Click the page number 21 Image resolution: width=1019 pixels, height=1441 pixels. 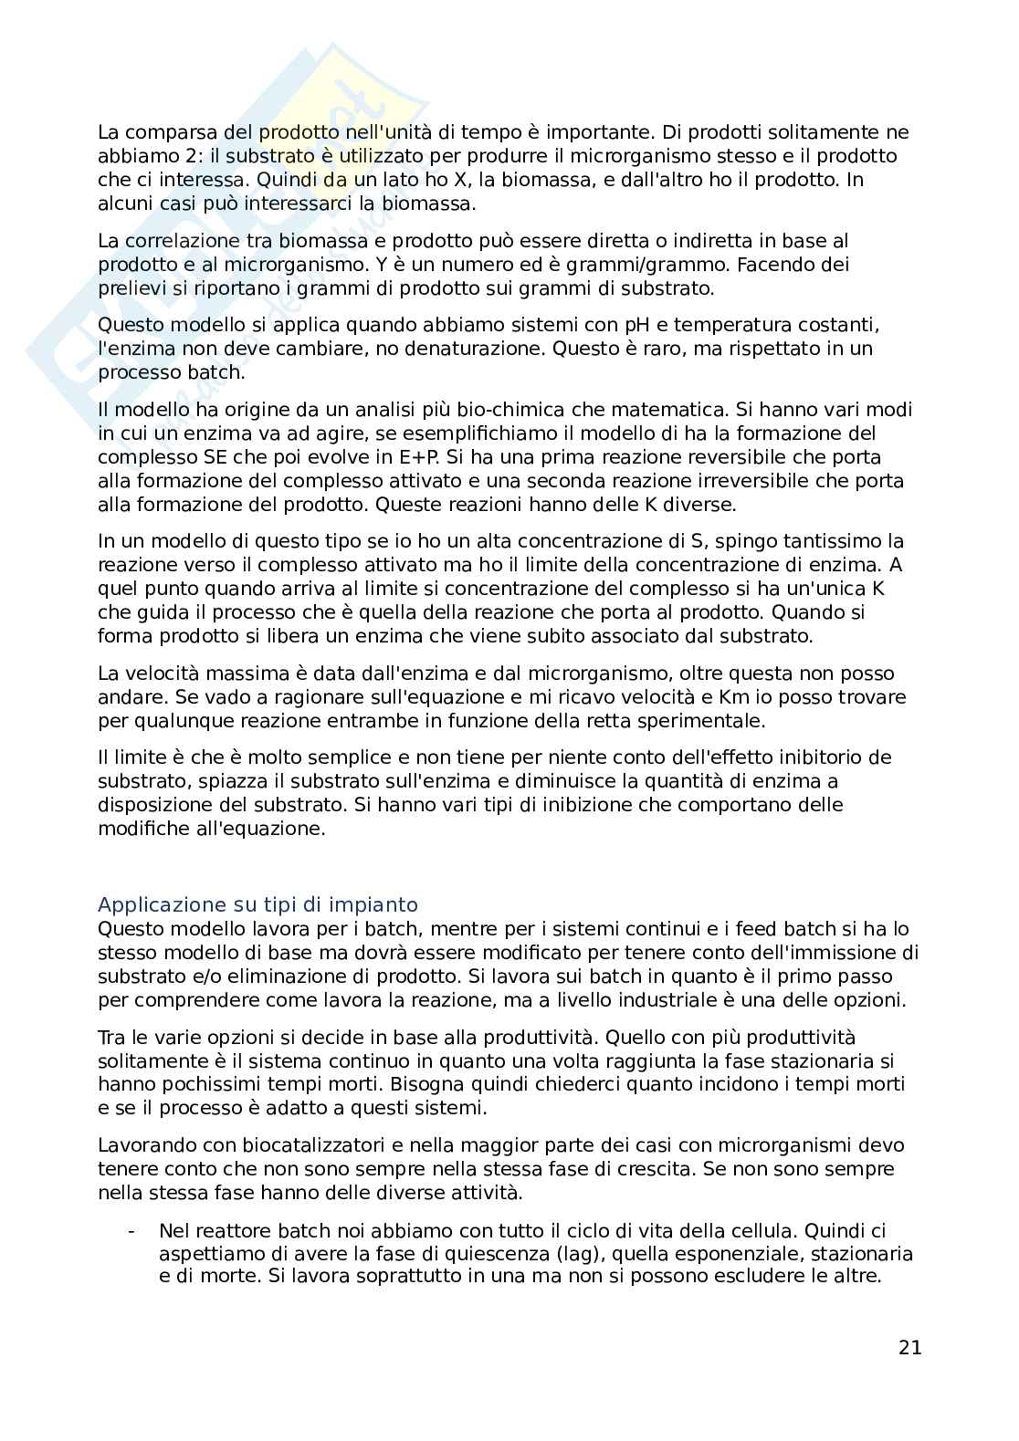click(x=909, y=1347)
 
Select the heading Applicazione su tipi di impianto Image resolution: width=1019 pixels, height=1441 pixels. click(x=257, y=904)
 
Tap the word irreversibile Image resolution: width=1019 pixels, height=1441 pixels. click(x=734, y=480)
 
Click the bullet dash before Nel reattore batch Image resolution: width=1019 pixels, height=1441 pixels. click(x=132, y=1229)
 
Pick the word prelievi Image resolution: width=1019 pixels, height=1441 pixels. click(x=131, y=288)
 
